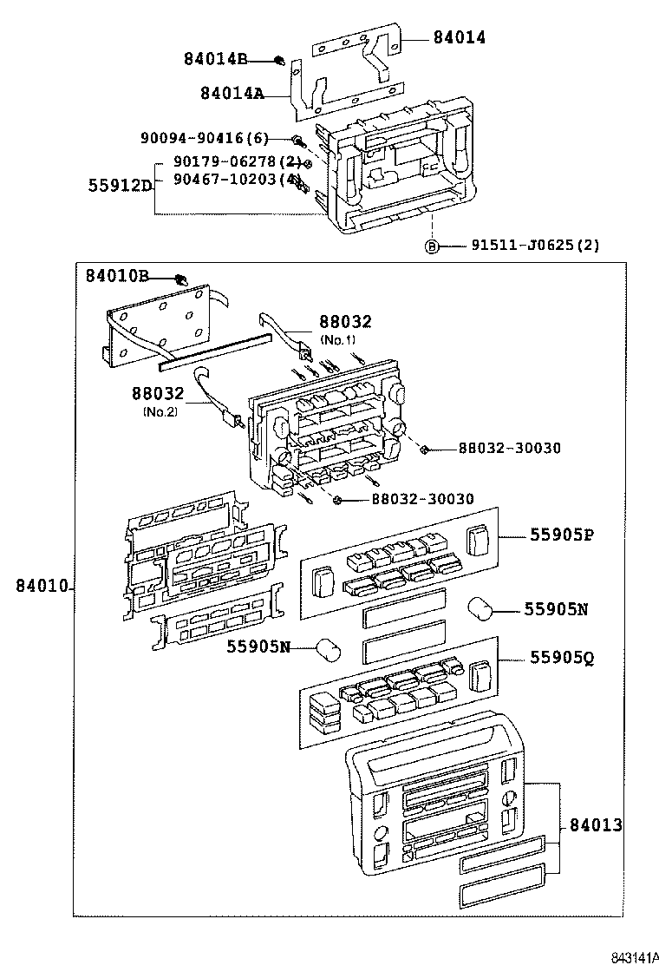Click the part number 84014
pyautogui.click(x=460, y=37)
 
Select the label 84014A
pyautogui.click(x=232, y=93)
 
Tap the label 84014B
pyautogui.click(x=215, y=59)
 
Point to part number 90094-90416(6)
pyautogui.click(x=205, y=139)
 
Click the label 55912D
pyautogui.click(x=121, y=185)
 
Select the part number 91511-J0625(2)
pyautogui.click(x=535, y=246)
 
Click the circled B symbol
pyautogui.click(x=431, y=246)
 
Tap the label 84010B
pyautogui.click(x=117, y=276)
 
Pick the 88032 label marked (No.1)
pyautogui.click(x=345, y=322)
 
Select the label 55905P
pyautogui.click(x=562, y=535)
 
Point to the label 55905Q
pyautogui.click(x=562, y=658)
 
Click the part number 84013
pyautogui.click(x=596, y=824)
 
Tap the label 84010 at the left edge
pyautogui.click(x=41, y=588)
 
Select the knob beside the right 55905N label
pyautogui.click(x=481, y=608)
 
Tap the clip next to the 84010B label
pyautogui.click(x=181, y=279)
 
